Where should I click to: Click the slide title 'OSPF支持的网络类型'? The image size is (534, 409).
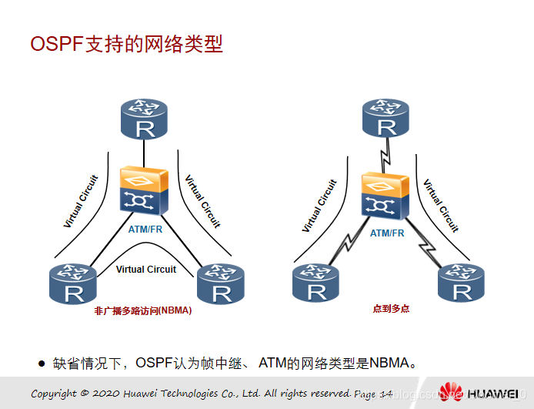pyautogui.click(x=126, y=44)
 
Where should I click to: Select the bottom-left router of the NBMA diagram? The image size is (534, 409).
pyautogui.click(x=72, y=283)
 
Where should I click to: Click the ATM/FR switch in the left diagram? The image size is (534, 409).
pyautogui.click(x=145, y=190)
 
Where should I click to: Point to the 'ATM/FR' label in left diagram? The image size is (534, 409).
pyautogui.click(x=145, y=229)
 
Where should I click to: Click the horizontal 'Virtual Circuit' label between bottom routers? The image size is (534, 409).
pyautogui.click(x=146, y=270)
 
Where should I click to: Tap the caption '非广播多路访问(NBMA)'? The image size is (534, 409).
pyautogui.click(x=142, y=311)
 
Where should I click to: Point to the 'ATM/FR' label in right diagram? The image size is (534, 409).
pyautogui.click(x=387, y=233)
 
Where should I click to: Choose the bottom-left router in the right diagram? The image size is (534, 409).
pyautogui.click(x=315, y=282)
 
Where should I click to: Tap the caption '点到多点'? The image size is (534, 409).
pyautogui.click(x=391, y=308)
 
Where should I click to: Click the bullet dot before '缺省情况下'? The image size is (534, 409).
pyautogui.click(x=42, y=362)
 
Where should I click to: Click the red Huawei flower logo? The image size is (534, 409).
pyautogui.click(x=452, y=392)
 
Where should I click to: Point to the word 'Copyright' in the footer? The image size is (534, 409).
pyautogui.click(x=54, y=394)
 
